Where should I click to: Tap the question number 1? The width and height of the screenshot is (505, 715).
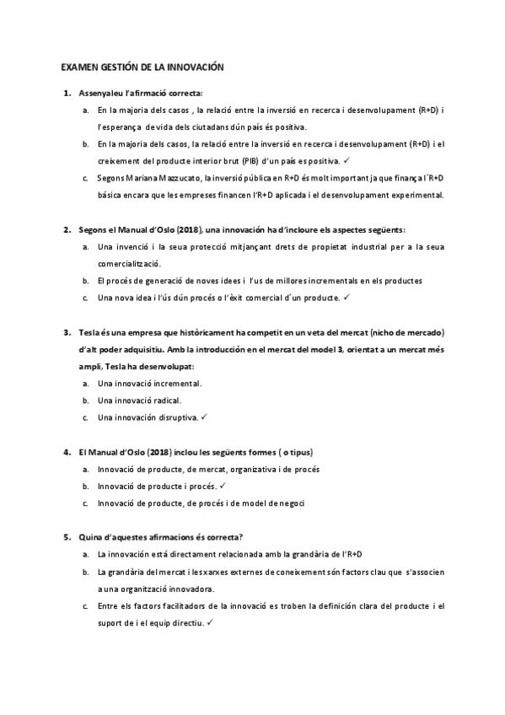click(x=67, y=93)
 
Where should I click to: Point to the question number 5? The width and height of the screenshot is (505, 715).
click(x=67, y=536)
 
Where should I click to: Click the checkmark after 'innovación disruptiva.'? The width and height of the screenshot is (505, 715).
click(x=205, y=417)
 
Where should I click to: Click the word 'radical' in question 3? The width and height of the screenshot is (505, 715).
click(x=165, y=400)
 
